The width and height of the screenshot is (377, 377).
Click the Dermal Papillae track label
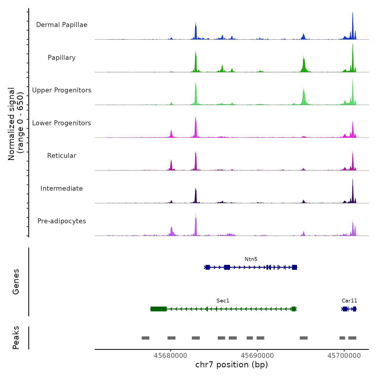(62, 25)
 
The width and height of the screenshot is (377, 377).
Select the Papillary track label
(62, 58)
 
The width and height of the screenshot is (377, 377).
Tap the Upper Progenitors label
(62, 90)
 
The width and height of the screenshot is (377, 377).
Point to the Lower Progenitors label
(62, 123)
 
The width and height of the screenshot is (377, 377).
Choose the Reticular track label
(62, 156)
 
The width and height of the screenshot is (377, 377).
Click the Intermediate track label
(62, 188)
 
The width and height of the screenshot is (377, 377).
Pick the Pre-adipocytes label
(62, 221)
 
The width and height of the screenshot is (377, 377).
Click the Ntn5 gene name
(251, 259)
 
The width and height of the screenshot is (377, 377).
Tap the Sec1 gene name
(223, 301)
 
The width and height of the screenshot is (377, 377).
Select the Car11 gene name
(349, 301)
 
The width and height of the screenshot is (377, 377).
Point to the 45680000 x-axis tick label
(170, 356)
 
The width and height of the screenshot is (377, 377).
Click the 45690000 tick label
(257, 356)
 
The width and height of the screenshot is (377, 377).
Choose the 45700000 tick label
(344, 356)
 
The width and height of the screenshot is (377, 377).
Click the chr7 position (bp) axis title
(232, 365)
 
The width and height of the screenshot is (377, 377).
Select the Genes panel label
(16, 282)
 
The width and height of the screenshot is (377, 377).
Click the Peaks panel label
(16, 338)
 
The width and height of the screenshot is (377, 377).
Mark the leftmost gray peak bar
(145, 338)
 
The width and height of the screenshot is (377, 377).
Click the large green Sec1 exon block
(158, 309)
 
